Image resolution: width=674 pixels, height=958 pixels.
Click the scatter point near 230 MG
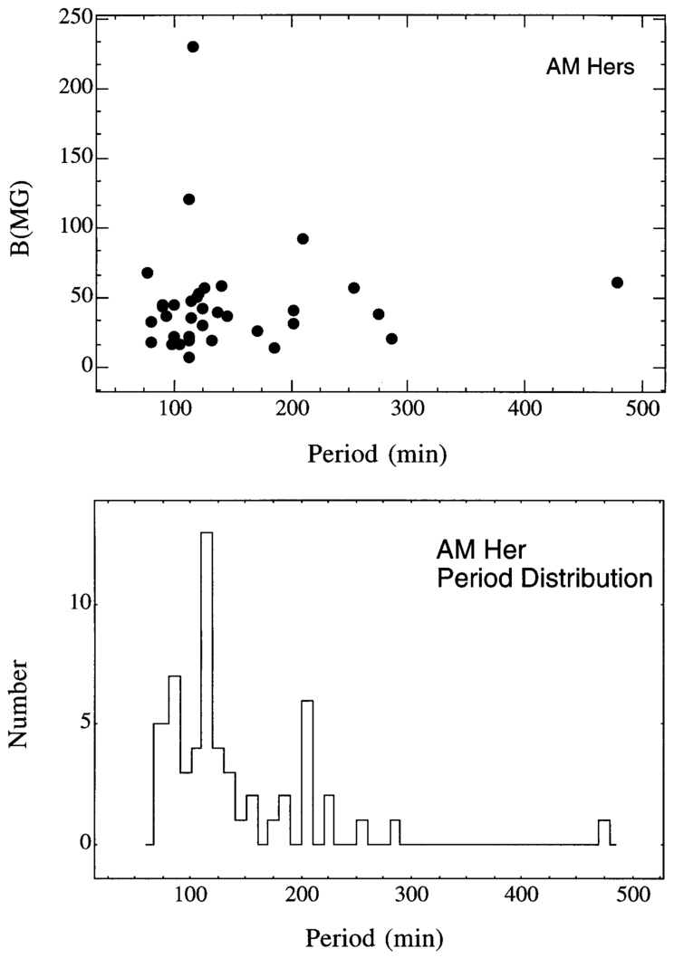click(193, 46)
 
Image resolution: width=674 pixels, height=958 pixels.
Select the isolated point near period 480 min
click(617, 283)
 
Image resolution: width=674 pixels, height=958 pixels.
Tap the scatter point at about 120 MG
click(189, 199)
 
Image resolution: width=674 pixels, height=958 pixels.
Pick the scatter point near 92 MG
click(303, 239)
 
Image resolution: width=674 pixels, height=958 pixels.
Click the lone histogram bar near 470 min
click(604, 832)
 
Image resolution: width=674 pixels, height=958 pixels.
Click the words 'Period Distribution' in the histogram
click(544, 579)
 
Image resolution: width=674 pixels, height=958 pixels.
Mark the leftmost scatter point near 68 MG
click(148, 273)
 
